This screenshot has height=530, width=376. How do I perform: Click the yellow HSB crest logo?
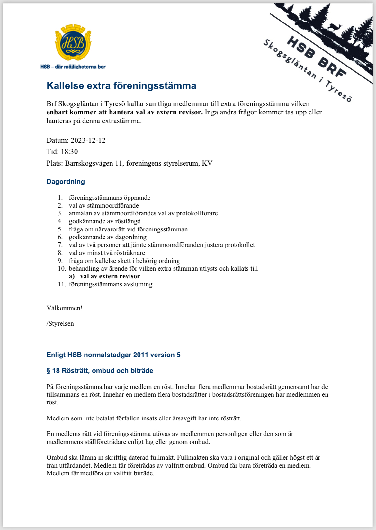(73, 42)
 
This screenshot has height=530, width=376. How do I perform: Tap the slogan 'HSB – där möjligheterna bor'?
(73, 67)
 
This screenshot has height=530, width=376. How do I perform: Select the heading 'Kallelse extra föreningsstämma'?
(121, 86)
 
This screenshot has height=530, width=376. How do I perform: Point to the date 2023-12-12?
(88, 140)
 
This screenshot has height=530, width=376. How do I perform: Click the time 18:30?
(69, 152)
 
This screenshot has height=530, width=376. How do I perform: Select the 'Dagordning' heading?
(66, 182)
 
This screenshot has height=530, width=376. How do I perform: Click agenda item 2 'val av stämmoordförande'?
(104, 205)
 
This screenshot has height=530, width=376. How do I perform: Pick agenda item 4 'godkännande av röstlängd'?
(105, 221)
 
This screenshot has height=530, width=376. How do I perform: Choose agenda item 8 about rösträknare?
(107, 253)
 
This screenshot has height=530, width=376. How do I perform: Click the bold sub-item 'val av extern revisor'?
(110, 276)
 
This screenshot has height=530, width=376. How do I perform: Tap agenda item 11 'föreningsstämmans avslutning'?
(111, 284)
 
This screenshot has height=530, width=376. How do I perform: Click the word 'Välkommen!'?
(65, 308)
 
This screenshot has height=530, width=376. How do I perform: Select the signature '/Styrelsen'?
(60, 323)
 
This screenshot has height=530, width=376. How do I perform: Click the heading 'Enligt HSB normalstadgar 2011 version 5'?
(113, 355)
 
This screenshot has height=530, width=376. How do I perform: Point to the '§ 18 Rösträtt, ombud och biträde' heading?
(100, 371)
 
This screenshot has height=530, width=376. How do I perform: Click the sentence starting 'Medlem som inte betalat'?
(144, 418)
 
